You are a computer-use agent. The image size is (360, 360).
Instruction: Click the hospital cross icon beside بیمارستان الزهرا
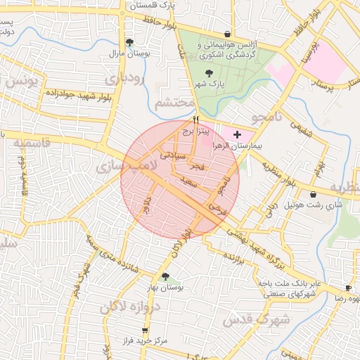236,134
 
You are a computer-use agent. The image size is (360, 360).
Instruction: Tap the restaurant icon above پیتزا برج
196,120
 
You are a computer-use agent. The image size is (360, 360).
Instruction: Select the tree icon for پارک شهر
208,72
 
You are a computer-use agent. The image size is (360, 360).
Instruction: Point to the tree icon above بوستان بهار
165,277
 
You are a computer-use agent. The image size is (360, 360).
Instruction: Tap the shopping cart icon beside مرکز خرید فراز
145,330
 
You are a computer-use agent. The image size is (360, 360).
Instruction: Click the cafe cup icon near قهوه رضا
348,288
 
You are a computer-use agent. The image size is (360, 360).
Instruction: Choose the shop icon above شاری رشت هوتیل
313,194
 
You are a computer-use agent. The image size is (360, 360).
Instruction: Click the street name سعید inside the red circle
189,181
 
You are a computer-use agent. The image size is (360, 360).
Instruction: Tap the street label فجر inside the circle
196,167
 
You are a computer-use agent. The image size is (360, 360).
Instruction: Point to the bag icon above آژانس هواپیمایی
227,34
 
